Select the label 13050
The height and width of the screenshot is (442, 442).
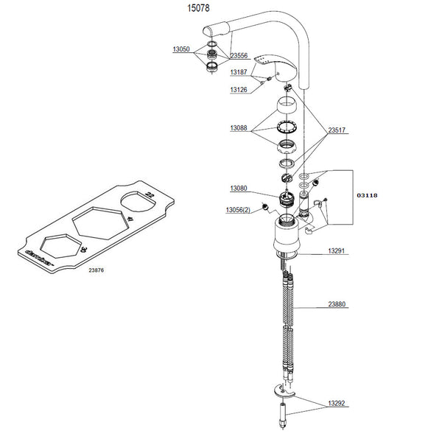coord(181,49)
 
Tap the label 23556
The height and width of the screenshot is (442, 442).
coord(239,55)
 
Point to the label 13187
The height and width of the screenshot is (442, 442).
coord(238,73)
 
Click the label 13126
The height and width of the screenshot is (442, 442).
coord(238,90)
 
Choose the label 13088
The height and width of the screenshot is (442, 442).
coord(238,128)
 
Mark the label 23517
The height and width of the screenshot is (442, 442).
coord(337,130)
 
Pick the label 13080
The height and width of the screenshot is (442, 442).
coord(238,189)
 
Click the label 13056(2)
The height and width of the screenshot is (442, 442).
coord(237,210)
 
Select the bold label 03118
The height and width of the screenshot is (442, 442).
coord(368,197)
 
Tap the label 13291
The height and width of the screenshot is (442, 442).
coord(337,251)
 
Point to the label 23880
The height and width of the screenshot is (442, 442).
coord(337,304)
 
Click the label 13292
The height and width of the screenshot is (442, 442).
coord(337,404)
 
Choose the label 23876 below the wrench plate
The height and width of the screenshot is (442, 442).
coord(97,270)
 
